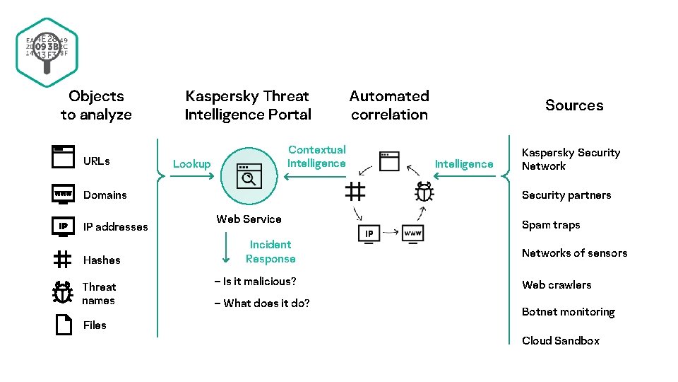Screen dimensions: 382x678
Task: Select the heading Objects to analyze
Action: coord(96,105)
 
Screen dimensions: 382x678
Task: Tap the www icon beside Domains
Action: coord(63,194)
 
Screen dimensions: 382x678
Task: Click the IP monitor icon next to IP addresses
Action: coord(63,226)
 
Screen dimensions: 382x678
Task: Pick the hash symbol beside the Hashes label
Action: coord(63,260)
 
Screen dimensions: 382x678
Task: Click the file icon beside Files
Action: coord(63,325)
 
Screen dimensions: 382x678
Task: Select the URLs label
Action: coord(97,161)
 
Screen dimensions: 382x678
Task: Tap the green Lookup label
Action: coord(191,164)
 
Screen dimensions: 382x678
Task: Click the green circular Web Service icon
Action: coord(249,174)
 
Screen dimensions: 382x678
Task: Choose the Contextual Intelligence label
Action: coord(316,156)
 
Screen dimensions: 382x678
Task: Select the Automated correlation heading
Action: coord(389,105)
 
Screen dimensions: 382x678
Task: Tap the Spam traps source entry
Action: coord(550,225)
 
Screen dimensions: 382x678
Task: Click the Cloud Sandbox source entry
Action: coord(560,340)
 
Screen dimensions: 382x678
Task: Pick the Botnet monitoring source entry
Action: coord(568,312)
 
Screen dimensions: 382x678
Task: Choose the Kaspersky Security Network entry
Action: coord(570,159)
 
